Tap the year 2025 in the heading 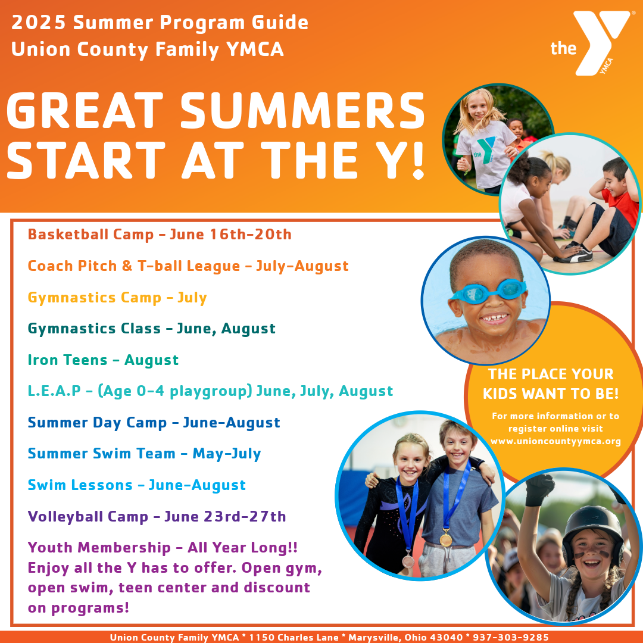39,22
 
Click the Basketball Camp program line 160,234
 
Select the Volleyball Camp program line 157,516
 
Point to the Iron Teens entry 103,360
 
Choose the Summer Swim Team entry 144,454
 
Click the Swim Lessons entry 136,485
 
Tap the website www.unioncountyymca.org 555,441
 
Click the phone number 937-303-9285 511,637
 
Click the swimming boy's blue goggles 488,291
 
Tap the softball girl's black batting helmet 592,529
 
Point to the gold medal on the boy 446,538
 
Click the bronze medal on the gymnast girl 408,561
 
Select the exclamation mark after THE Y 418,160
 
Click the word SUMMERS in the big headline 302,110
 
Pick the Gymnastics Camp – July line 117,297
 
